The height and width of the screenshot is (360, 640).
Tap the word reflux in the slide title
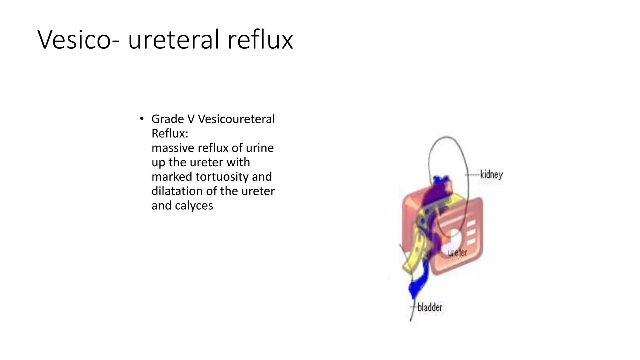pyautogui.click(x=260, y=40)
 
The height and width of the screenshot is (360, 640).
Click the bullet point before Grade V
pyautogui.click(x=142, y=119)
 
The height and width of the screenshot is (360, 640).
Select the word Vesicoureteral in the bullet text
pyautogui.click(x=236, y=119)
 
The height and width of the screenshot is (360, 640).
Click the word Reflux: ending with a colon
pyautogui.click(x=170, y=133)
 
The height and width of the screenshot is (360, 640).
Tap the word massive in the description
pyautogui.click(x=171, y=148)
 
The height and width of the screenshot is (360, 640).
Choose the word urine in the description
pyautogui.click(x=259, y=148)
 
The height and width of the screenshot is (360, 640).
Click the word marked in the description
pyautogui.click(x=172, y=177)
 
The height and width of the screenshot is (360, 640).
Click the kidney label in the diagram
pyautogui.click(x=491, y=175)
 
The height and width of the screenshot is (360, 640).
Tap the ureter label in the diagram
pyautogui.click(x=457, y=252)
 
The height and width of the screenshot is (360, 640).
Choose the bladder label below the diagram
pyautogui.click(x=430, y=307)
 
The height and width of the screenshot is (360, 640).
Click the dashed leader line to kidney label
pyautogui.click(x=472, y=175)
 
